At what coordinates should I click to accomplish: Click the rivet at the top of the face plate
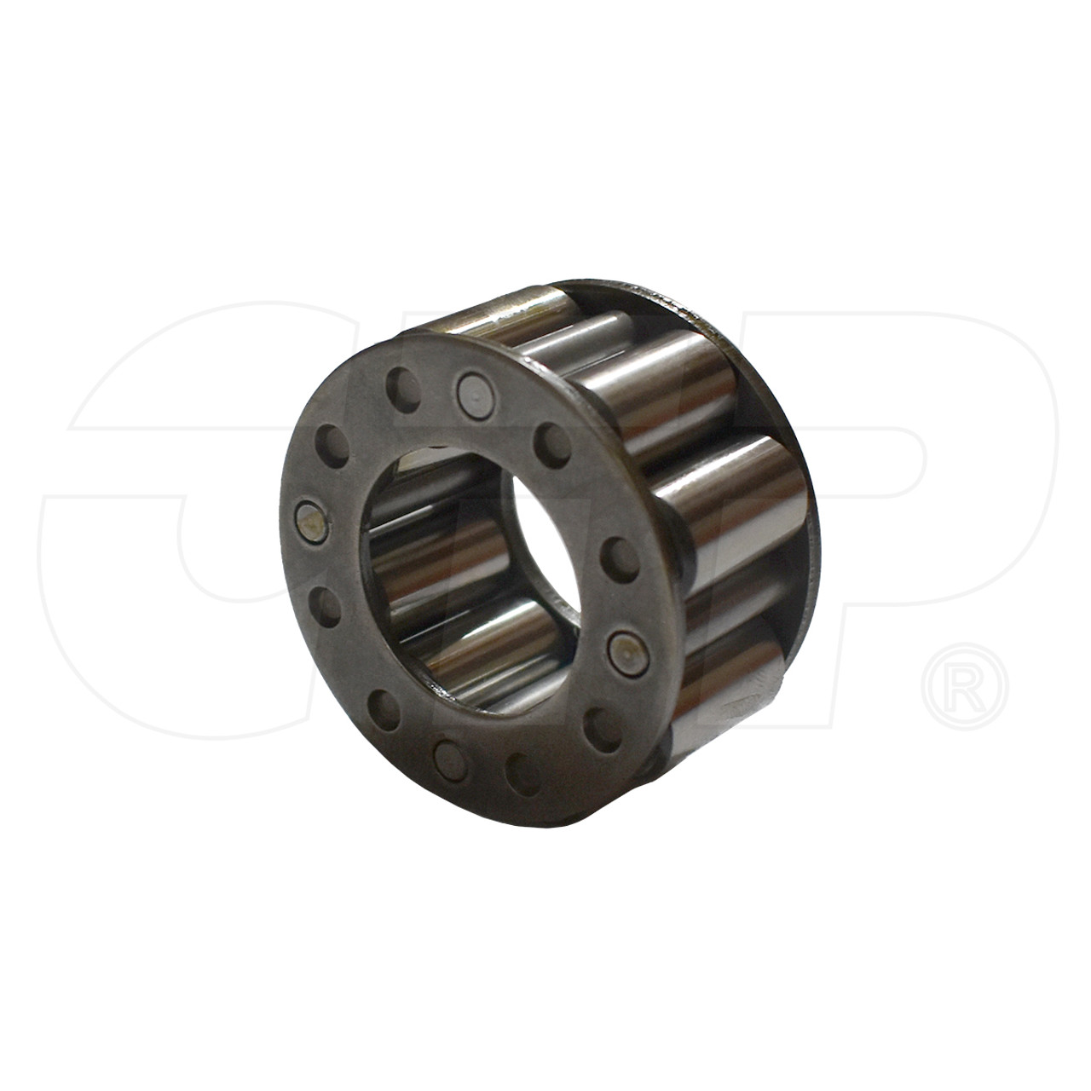[x=470, y=390]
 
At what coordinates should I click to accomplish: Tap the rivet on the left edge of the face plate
[x=310, y=523]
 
